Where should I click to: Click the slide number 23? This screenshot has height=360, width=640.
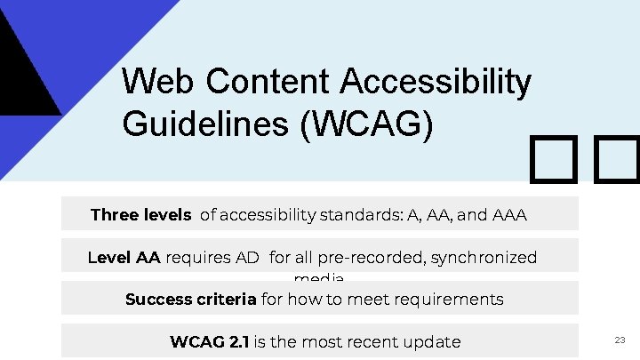(620, 340)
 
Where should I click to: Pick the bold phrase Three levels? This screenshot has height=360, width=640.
(140, 214)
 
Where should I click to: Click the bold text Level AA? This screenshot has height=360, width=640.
(124, 258)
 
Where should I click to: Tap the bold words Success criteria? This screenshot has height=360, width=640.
(190, 299)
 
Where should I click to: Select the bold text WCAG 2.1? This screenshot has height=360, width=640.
(209, 341)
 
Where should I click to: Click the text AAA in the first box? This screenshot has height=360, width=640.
(508, 214)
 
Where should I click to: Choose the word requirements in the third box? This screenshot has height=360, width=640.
(454, 299)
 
